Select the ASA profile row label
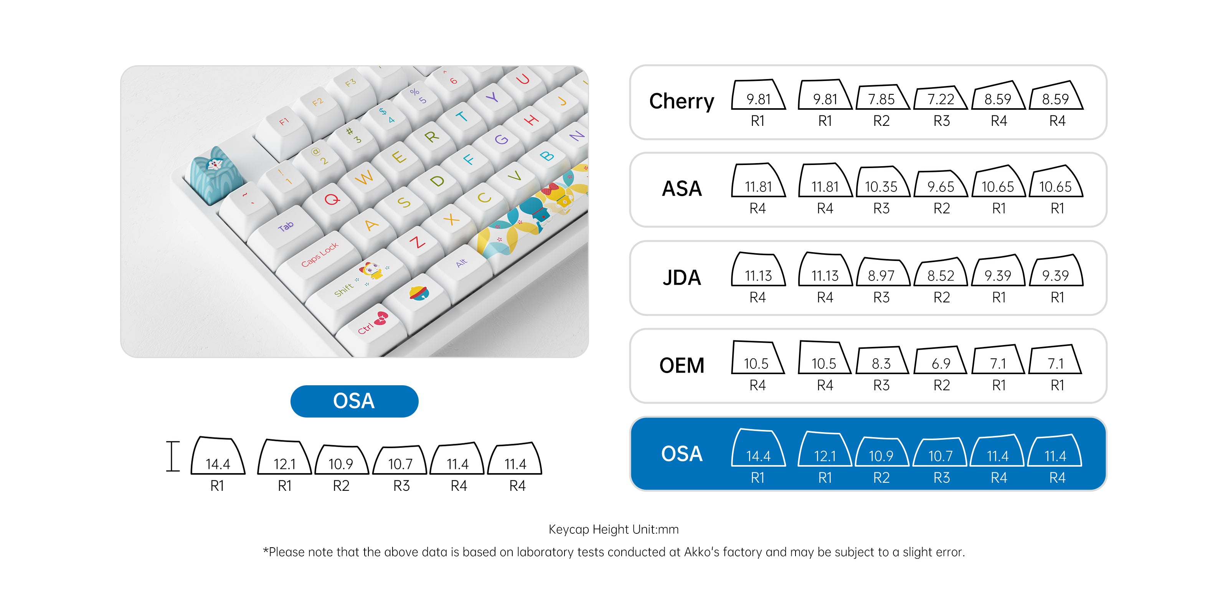[682, 189]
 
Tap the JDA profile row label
[682, 277]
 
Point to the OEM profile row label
[682, 366]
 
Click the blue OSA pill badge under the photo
[354, 401]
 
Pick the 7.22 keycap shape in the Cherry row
[941, 98]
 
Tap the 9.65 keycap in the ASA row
[941, 185]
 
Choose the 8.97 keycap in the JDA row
[881, 273]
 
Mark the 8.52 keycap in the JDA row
[941, 274]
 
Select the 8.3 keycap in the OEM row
[881, 361]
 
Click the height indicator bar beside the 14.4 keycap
[173, 456]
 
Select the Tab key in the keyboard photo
[286, 227]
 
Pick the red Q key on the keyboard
[332, 199]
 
